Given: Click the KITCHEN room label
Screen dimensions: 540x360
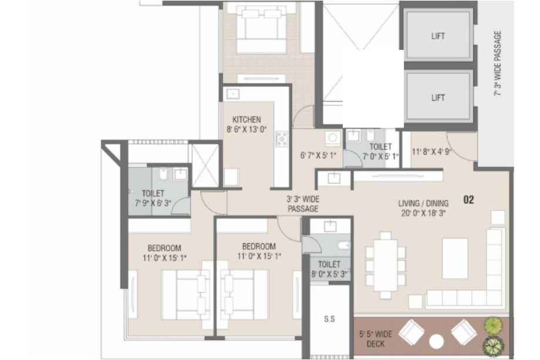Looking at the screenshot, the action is pos(247,120).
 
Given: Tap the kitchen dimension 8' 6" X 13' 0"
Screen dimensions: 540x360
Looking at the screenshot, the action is pos(247,130).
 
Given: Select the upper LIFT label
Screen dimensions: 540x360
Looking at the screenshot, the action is pos(438,36).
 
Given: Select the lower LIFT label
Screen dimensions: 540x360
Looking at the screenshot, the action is pos(438,98).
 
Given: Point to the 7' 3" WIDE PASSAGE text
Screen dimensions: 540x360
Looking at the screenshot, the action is pos(498,64).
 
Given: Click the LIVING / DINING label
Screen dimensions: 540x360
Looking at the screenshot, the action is pos(423,203).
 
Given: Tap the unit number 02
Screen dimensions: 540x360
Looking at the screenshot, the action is pos(468,200).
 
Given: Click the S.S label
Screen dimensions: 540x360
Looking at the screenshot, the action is pos(329,319).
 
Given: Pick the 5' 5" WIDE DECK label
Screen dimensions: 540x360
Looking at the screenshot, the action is pos(376,339).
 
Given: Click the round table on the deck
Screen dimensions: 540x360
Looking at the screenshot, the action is pos(436,342).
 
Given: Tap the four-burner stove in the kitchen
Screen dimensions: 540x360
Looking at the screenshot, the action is pos(281,139).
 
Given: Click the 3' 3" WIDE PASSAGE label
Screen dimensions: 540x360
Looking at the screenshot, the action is pos(303,204).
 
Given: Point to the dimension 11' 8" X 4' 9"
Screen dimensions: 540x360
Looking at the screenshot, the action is pos(431,152).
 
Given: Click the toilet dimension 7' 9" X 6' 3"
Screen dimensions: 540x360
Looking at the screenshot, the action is pos(153,203).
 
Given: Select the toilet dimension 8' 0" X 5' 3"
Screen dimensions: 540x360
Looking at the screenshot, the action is pos(329,274).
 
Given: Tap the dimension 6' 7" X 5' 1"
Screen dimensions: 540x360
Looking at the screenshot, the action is pos(318,156).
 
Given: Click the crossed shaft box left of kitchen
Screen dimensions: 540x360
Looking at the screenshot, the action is pos(205,166).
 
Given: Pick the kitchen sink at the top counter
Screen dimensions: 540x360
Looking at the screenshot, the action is pos(233,94).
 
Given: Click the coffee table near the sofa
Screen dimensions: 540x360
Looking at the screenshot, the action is pos(455,258).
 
